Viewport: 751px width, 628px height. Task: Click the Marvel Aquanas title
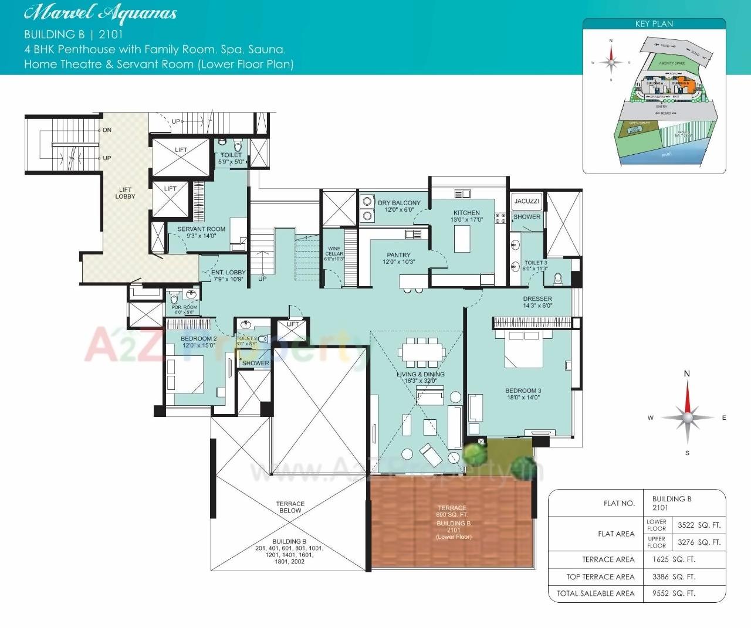click(x=100, y=13)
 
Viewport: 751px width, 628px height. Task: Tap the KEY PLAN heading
click(x=654, y=24)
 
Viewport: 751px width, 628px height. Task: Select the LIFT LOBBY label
click(x=125, y=193)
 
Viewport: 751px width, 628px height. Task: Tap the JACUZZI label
click(x=526, y=201)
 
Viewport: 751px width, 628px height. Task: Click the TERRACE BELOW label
click(x=290, y=507)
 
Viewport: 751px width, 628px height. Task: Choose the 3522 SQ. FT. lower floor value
click(x=699, y=525)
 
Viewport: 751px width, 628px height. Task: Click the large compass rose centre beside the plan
click(x=687, y=417)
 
